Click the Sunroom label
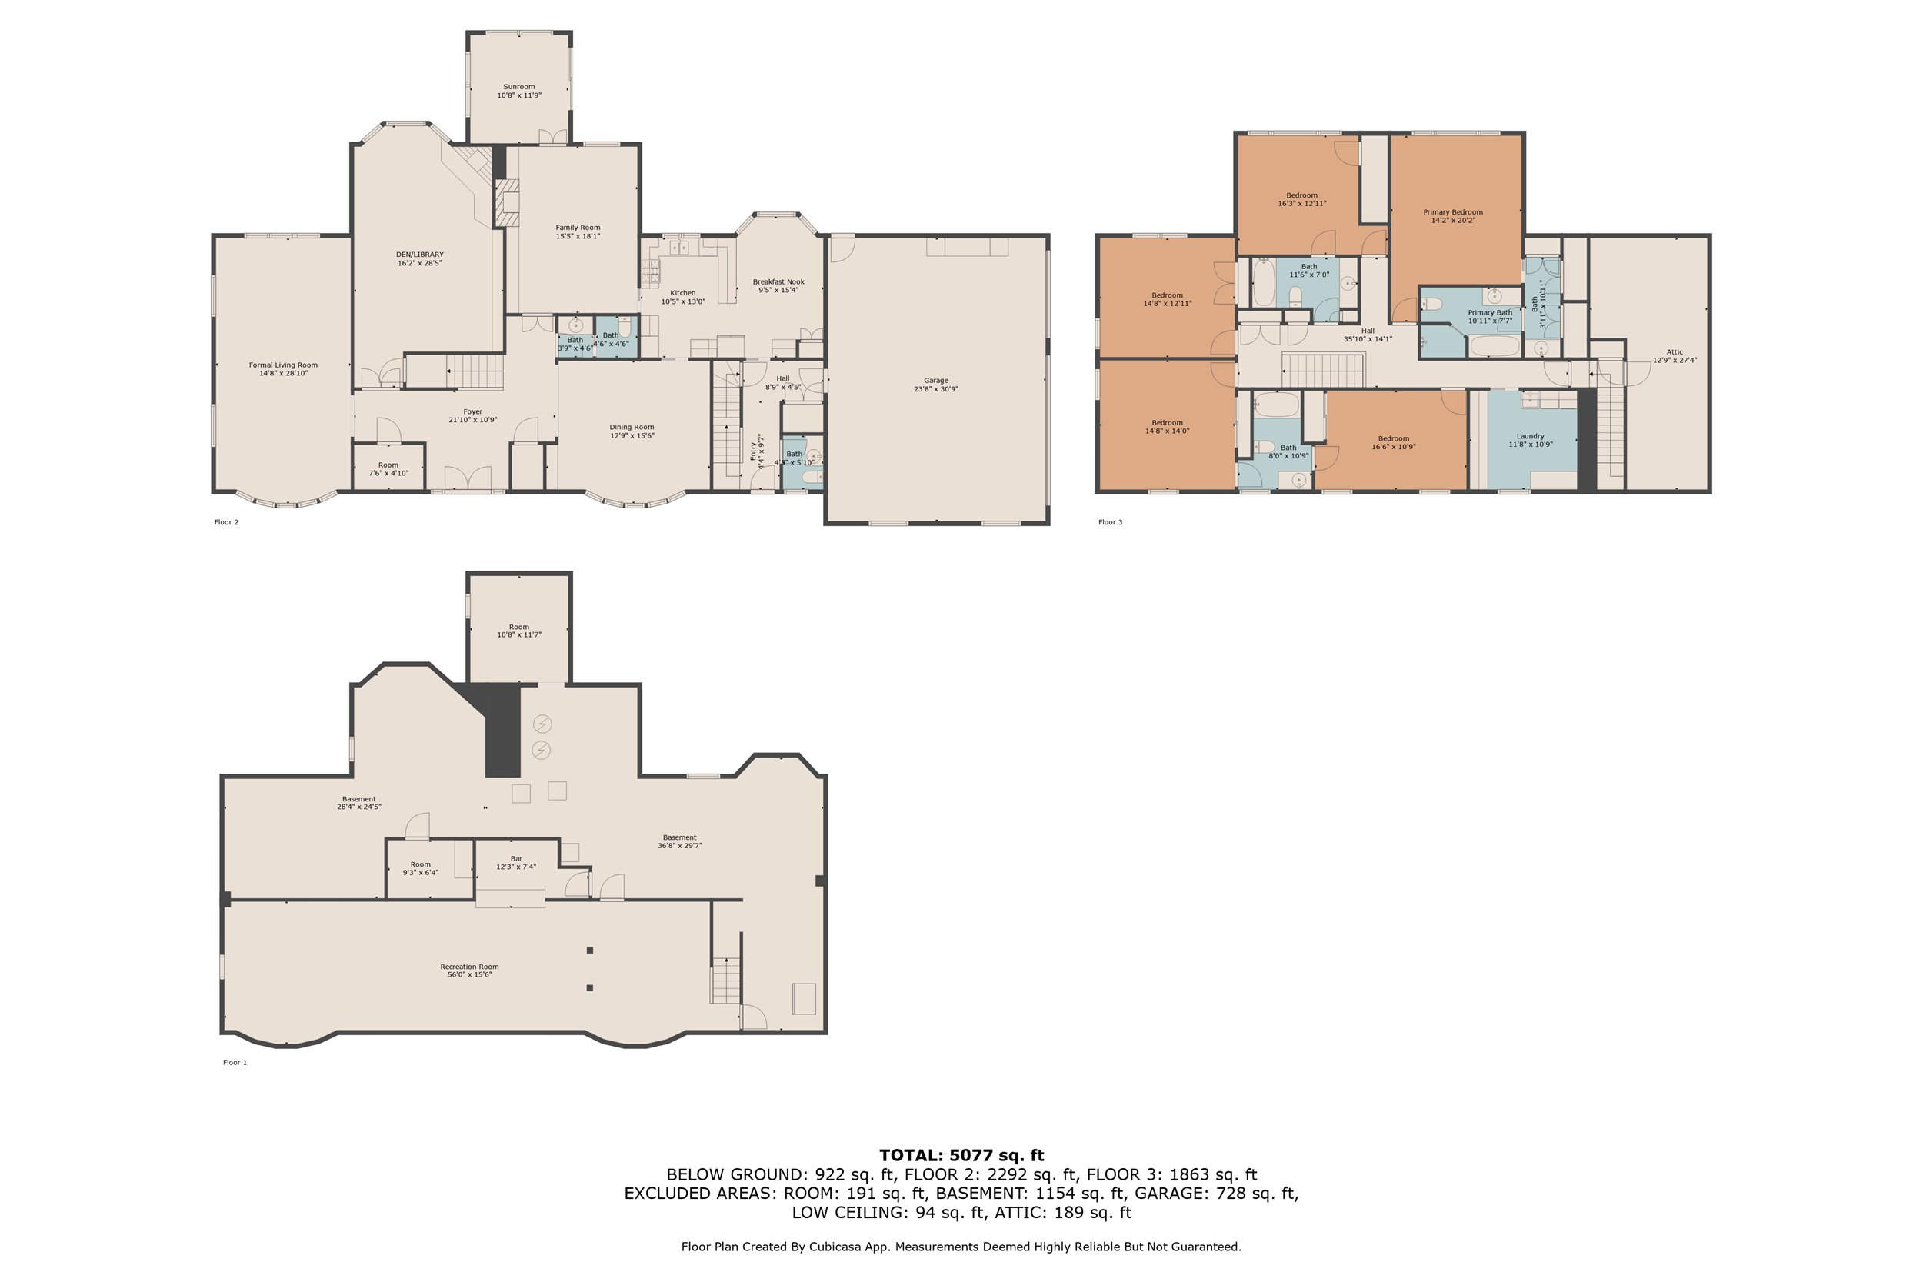click(x=519, y=87)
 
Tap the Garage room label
click(x=936, y=380)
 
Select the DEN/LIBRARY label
click(x=419, y=255)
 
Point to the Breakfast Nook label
click(x=778, y=281)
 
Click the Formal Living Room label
click(x=283, y=365)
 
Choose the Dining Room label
click(x=632, y=427)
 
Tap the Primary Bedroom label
click(x=1453, y=211)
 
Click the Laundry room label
click(x=1531, y=436)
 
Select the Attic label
click(x=1675, y=351)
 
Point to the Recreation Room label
click(x=469, y=967)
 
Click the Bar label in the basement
click(x=516, y=858)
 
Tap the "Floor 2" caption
click(x=226, y=521)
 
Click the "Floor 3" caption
click(x=1110, y=521)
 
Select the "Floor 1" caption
click(x=235, y=1062)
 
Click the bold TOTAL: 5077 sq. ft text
click(x=961, y=1155)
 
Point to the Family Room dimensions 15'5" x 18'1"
click(x=578, y=236)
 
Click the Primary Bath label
click(x=1490, y=312)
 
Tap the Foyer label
click(x=472, y=411)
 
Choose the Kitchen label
click(x=683, y=293)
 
